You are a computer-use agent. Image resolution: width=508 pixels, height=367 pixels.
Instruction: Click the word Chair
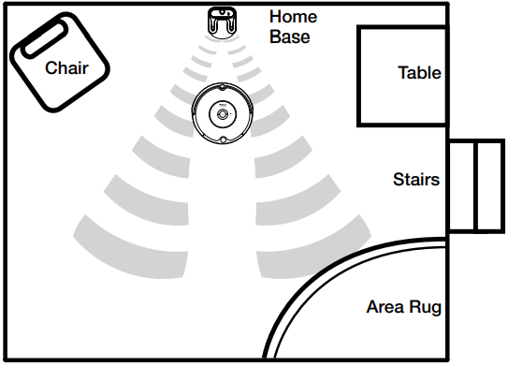(66, 67)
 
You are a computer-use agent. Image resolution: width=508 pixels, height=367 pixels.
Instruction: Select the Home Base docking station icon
(221, 21)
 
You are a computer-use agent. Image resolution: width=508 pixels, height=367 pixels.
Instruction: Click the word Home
(293, 17)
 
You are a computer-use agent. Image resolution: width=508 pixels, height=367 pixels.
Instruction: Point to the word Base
(289, 37)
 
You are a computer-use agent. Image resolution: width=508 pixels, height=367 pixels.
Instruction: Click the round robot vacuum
(223, 113)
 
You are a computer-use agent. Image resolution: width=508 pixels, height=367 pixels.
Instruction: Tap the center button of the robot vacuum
(223, 113)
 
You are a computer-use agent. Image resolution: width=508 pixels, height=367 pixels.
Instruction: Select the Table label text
(418, 73)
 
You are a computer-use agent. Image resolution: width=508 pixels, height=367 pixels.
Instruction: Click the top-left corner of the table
(358, 28)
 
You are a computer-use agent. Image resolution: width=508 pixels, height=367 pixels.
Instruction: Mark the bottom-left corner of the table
(358, 125)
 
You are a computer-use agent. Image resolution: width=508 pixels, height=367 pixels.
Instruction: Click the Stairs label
(416, 178)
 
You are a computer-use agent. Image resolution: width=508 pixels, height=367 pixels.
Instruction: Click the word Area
(385, 307)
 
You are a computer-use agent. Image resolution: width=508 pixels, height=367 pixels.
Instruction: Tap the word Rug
(425, 307)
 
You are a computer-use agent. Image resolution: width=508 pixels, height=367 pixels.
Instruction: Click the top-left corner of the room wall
(3, 4)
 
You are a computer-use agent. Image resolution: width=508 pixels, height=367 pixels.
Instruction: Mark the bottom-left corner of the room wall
(3, 360)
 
